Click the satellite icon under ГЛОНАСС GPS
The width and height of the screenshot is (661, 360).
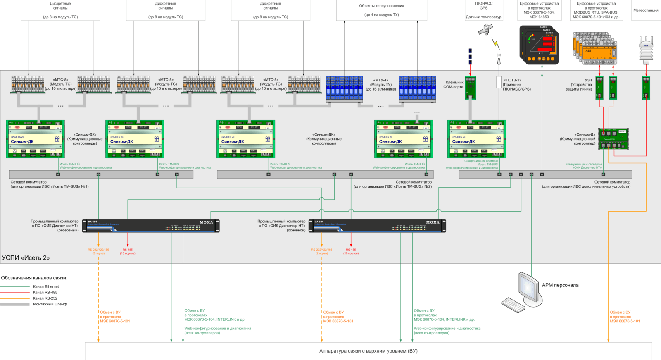[485, 29]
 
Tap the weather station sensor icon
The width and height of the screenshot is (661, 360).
[646, 50]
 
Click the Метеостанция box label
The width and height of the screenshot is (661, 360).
[646, 10]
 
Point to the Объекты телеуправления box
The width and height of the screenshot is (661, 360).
[381, 10]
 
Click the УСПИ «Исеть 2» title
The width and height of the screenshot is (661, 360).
[26, 258]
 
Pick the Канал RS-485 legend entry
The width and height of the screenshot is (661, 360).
[45, 292]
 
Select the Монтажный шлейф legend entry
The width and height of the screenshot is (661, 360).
[50, 304]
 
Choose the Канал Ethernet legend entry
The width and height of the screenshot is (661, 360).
[46, 286]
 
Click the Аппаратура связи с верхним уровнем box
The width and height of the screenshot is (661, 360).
[368, 351]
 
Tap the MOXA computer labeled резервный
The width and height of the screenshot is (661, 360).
[151, 226]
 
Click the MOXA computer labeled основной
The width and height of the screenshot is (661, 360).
[377, 226]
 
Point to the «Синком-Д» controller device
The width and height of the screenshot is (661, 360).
[613, 139]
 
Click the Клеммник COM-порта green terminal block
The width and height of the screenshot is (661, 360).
[470, 88]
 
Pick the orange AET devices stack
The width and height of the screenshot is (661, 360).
[594, 48]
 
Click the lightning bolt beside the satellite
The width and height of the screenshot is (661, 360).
[496, 43]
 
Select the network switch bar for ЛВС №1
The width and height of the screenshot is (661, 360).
[101, 174]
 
